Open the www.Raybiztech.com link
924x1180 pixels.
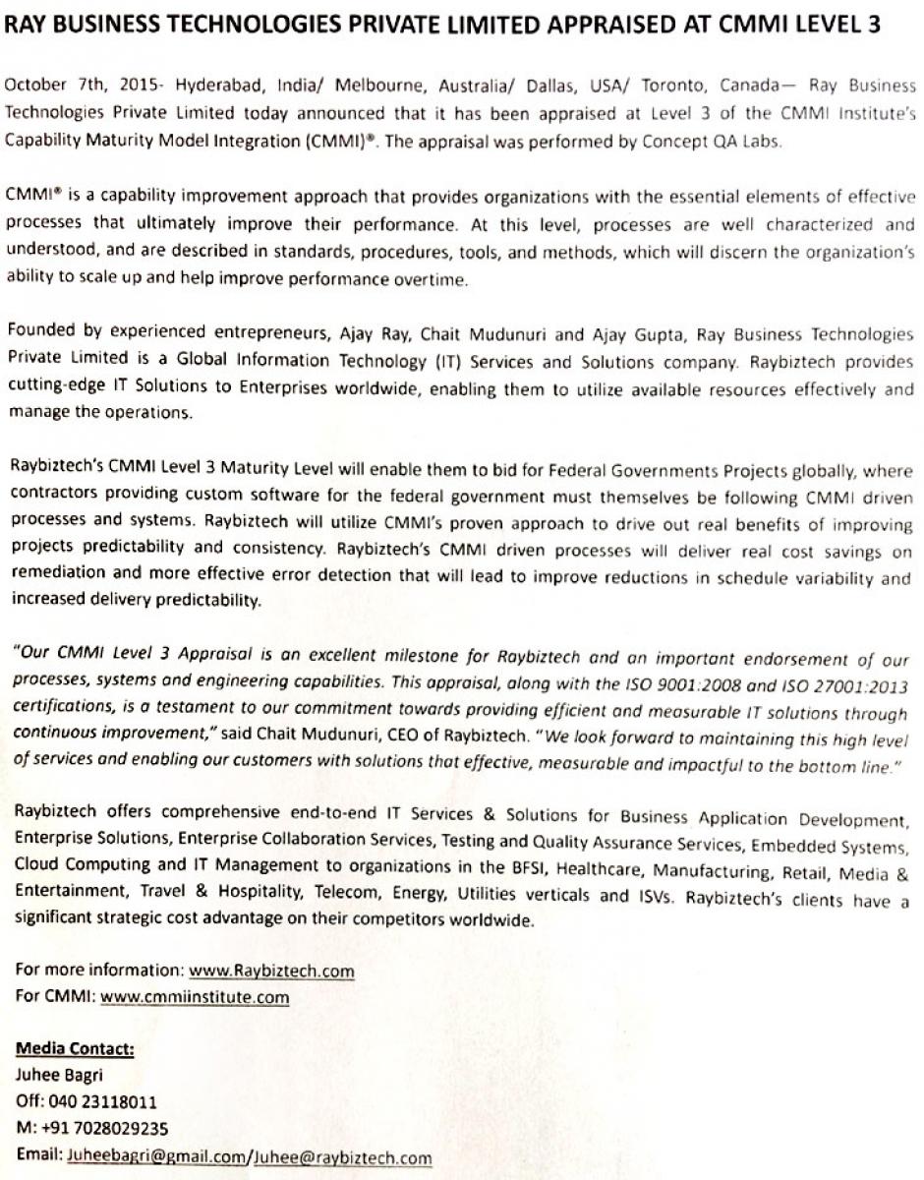click(272, 972)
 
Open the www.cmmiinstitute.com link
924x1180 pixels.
click(195, 997)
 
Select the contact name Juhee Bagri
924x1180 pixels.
click(60, 1076)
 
